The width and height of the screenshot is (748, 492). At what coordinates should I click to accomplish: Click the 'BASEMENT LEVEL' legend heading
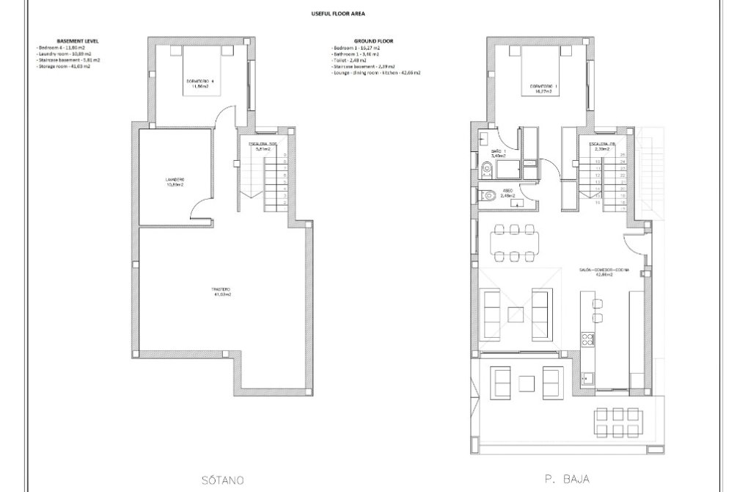(77, 41)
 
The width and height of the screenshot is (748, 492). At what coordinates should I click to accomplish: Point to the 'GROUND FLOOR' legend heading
(373, 41)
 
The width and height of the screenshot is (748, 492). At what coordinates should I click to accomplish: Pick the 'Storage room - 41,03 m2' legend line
(64, 67)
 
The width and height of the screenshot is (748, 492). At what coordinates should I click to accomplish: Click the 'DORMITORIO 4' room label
(196, 82)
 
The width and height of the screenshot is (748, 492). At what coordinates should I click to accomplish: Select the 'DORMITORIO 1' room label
(543, 87)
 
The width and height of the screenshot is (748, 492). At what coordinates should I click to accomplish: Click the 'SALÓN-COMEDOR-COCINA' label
(604, 270)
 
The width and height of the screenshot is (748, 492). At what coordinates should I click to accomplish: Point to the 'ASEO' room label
(507, 192)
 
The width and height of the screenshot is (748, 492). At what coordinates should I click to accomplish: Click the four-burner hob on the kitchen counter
(587, 339)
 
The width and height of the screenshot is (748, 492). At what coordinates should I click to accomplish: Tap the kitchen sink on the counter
(587, 378)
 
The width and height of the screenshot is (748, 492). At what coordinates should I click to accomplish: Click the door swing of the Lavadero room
(199, 209)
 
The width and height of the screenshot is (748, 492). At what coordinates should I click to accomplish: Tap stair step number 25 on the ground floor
(622, 155)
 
